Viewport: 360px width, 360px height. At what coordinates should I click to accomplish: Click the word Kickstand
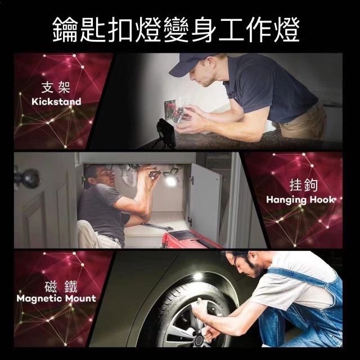pyautogui.click(x=56, y=102)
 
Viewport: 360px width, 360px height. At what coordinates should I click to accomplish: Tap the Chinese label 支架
pyautogui.click(x=56, y=88)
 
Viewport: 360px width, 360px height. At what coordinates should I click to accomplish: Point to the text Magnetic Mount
pyautogui.click(x=56, y=298)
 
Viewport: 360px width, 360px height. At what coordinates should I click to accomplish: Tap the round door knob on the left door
pyautogui.click(x=25, y=178)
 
